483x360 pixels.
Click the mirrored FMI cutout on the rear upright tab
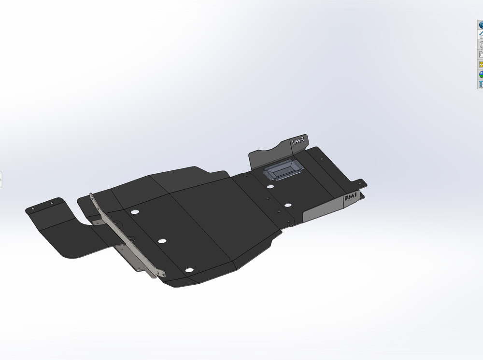[298, 141]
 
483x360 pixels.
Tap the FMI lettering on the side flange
[351, 198]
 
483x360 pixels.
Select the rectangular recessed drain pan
[282, 169]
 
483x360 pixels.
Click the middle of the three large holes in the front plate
[162, 240]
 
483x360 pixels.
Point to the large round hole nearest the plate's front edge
[189, 270]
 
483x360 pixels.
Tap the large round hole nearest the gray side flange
[287, 205]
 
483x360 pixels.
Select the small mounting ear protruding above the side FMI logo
[359, 183]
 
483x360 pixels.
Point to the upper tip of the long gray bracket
[91, 195]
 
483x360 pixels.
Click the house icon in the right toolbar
[481, 35]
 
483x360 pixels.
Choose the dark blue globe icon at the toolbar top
[481, 25]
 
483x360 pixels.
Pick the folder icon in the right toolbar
[481, 55]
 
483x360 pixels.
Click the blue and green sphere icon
[481, 74]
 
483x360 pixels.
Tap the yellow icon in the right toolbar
[481, 64]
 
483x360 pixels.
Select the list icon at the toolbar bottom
[481, 84]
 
